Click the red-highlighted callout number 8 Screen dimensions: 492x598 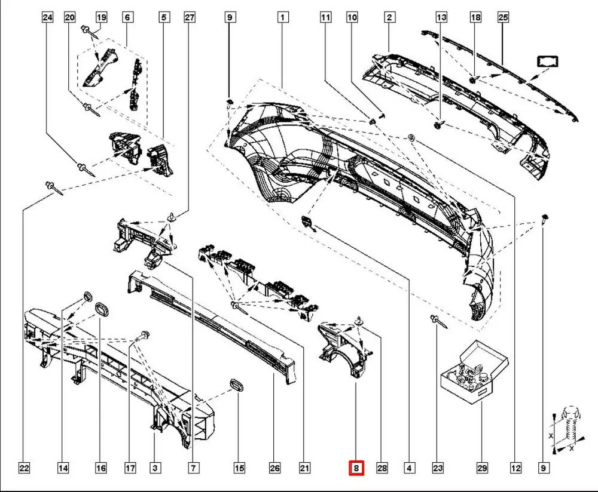tap(356, 469)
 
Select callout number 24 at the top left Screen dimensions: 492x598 tap(47, 18)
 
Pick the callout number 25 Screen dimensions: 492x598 tap(502, 18)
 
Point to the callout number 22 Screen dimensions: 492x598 tap(24, 469)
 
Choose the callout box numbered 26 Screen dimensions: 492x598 tap(274, 469)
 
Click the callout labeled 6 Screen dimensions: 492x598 tap(127, 18)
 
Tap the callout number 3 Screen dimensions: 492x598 tap(155, 469)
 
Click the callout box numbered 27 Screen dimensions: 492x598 tap(189, 18)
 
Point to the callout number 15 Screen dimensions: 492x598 tap(239, 469)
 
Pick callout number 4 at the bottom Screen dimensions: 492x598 tap(409, 469)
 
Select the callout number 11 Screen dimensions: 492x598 tap(325, 18)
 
